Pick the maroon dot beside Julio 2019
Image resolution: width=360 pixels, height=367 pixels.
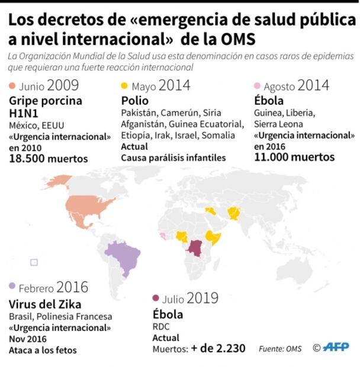[156, 299]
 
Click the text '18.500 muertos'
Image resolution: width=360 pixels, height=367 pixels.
[49, 158]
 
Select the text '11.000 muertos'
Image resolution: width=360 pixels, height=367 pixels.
[294, 157]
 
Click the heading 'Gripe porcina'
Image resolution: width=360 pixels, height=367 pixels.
[46, 101]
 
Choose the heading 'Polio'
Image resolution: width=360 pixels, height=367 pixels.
[134, 101]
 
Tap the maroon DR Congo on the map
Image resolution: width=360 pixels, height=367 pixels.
[196, 246]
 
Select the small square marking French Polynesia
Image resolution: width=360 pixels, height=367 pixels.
[34, 262]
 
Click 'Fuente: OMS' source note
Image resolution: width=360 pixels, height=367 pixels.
[279, 349]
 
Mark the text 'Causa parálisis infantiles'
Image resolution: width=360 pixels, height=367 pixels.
[173, 157]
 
